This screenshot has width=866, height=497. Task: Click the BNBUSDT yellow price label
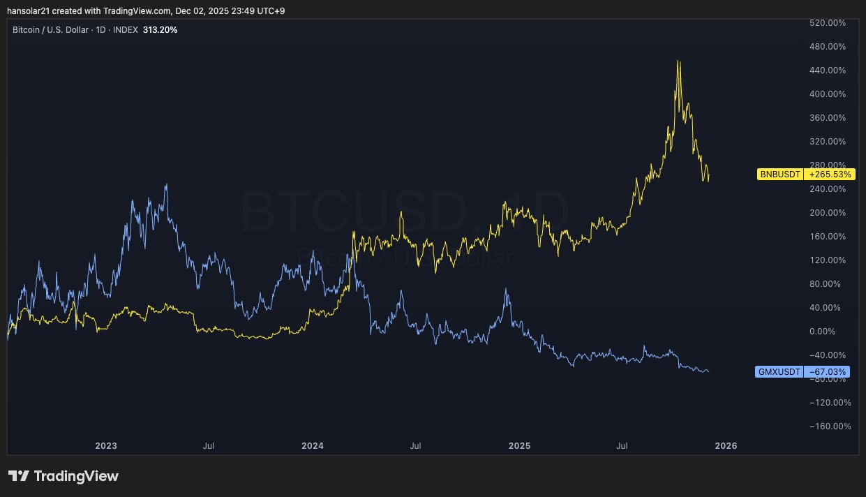[x=780, y=174]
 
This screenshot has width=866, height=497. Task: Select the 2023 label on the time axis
[x=106, y=445]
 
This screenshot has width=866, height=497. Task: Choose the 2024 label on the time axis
[x=313, y=445]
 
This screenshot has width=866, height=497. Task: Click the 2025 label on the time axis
[x=519, y=445]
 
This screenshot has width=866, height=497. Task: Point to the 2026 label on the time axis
[x=726, y=445]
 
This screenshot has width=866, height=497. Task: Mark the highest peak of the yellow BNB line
[x=678, y=61]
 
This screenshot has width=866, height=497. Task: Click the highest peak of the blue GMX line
[x=166, y=185]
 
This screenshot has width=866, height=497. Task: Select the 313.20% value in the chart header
[x=160, y=30]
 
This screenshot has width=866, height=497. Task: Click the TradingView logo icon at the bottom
[x=19, y=476]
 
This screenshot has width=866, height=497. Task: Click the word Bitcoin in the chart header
[x=27, y=30]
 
